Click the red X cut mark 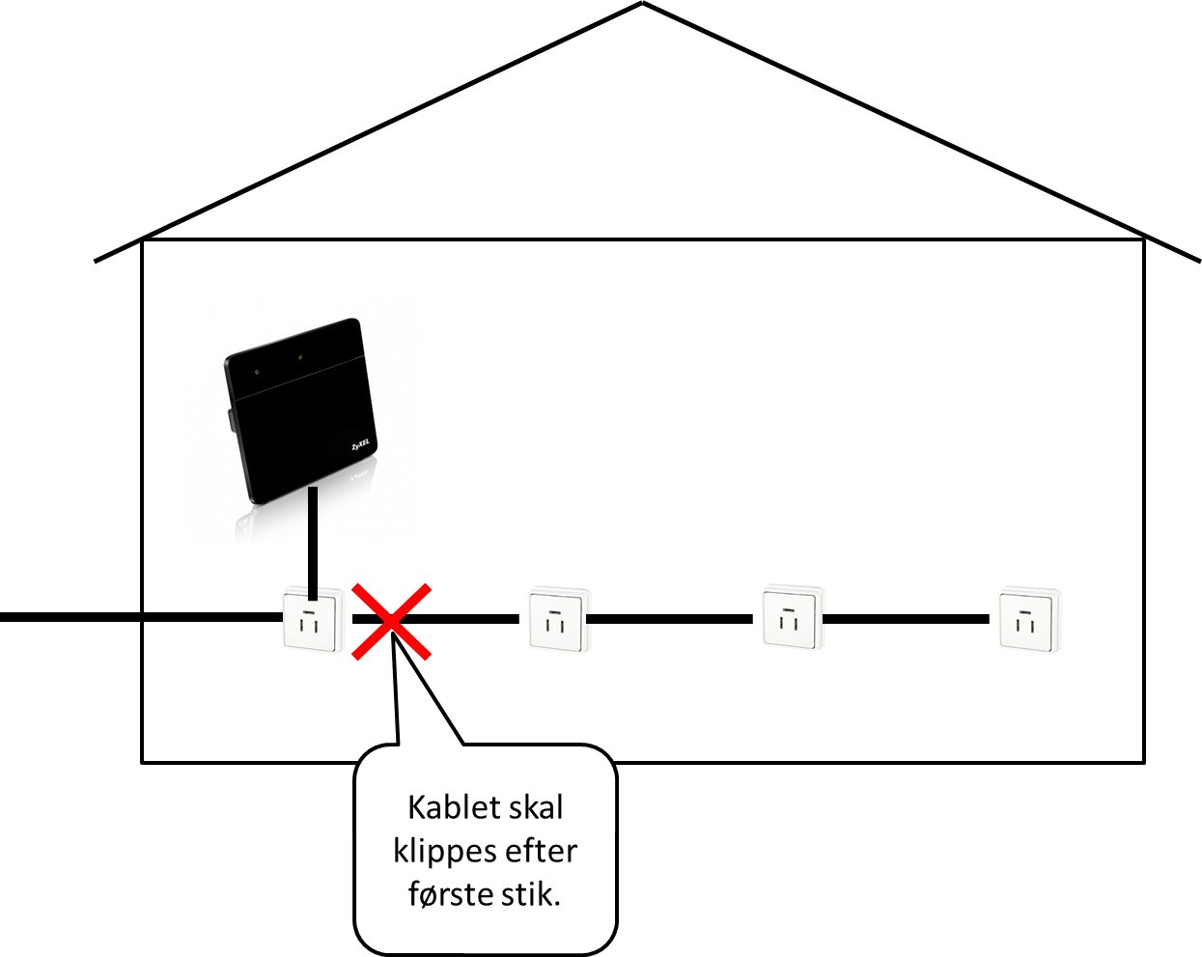point(391,622)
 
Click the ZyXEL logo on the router point(361,446)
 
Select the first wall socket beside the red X point(311,620)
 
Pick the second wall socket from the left point(558,620)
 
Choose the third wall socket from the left point(792,618)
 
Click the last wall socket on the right point(1028,619)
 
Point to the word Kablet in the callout point(443,807)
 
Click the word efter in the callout point(546,851)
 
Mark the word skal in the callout point(531,807)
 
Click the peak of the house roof point(642,4)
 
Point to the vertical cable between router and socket point(313,541)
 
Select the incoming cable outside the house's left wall point(68,617)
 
